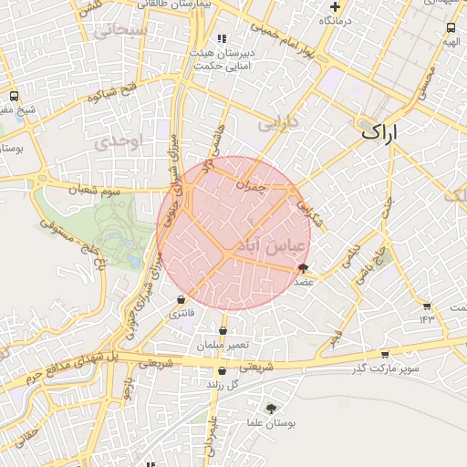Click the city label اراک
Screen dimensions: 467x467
click(381, 132)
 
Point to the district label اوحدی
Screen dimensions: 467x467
click(119, 141)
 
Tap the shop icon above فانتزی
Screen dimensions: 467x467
click(182, 298)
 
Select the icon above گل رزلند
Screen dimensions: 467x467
click(223, 370)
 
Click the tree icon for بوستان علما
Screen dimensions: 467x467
click(271, 408)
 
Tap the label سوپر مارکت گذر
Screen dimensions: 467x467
click(388, 368)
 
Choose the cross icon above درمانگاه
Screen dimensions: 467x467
click(337, 6)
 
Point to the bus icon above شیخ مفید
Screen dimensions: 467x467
click(14, 96)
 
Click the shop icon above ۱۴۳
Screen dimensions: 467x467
click(426, 305)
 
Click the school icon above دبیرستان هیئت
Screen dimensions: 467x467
click(221, 39)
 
